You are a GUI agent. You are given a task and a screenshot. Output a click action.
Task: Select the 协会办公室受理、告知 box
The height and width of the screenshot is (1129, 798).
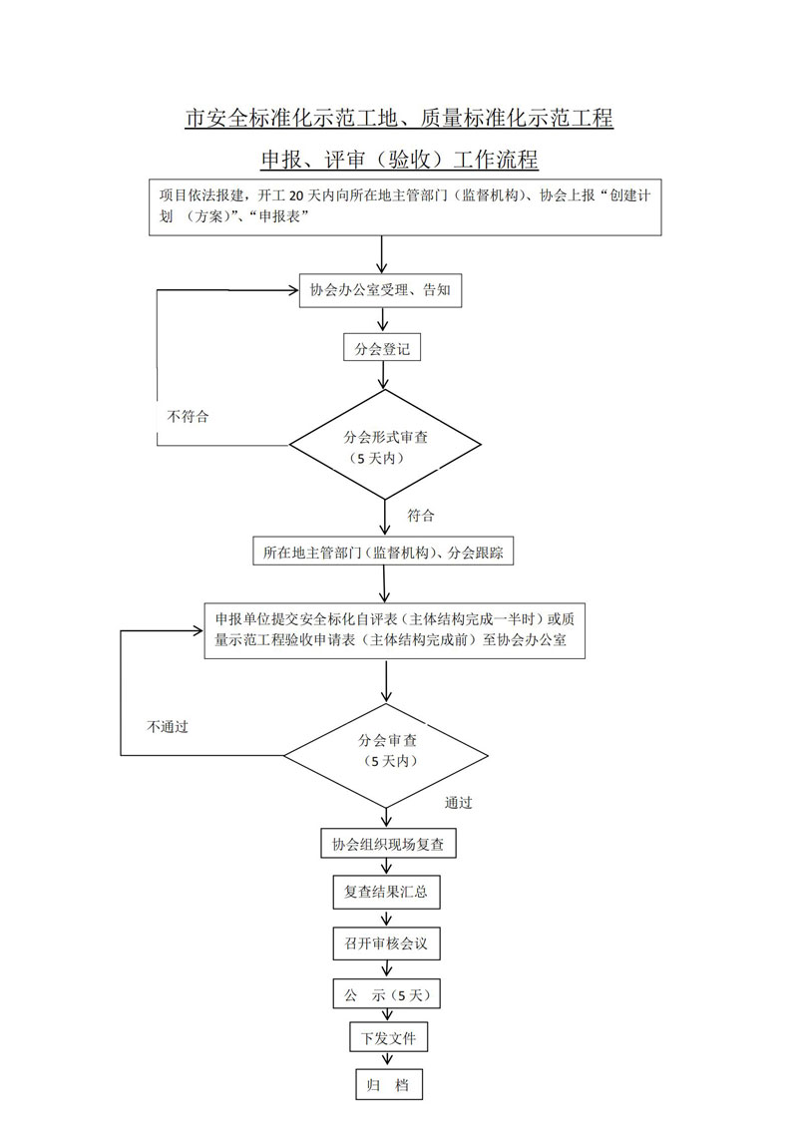pyautogui.click(x=380, y=291)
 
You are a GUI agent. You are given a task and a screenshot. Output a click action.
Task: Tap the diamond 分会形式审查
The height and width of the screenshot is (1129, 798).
pyautogui.click(x=386, y=445)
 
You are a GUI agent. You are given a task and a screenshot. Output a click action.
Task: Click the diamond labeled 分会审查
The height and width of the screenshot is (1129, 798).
pyautogui.click(x=386, y=750)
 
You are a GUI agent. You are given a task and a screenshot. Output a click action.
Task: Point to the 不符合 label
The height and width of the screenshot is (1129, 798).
pyautogui.click(x=189, y=416)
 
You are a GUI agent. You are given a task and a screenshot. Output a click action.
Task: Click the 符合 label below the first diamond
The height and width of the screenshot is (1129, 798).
pyautogui.click(x=421, y=516)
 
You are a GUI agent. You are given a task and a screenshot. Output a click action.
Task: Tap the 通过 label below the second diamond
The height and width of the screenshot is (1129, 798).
pyautogui.click(x=459, y=802)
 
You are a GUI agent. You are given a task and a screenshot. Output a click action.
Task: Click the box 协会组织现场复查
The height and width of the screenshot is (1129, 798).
pyautogui.click(x=388, y=845)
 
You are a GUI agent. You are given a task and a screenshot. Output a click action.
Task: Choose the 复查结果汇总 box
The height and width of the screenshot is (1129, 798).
pyautogui.click(x=386, y=893)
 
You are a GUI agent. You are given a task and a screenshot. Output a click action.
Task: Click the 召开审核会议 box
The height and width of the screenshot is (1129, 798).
pyautogui.click(x=386, y=942)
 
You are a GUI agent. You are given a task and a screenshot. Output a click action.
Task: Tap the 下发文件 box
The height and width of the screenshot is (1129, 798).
pyautogui.click(x=388, y=1038)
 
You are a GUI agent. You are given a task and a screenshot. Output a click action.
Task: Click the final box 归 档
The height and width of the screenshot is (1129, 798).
pyautogui.click(x=388, y=1085)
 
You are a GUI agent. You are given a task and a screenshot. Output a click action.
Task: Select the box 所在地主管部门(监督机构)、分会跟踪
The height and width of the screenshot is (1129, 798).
pyautogui.click(x=383, y=552)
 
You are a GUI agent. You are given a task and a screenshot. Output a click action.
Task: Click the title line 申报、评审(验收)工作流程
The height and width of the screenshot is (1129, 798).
pyautogui.click(x=399, y=160)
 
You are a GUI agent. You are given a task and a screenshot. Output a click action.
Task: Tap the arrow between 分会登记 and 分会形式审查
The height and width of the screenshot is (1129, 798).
pyautogui.click(x=384, y=378)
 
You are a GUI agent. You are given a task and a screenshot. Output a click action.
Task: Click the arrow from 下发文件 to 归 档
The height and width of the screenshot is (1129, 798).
pyautogui.click(x=387, y=1061)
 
